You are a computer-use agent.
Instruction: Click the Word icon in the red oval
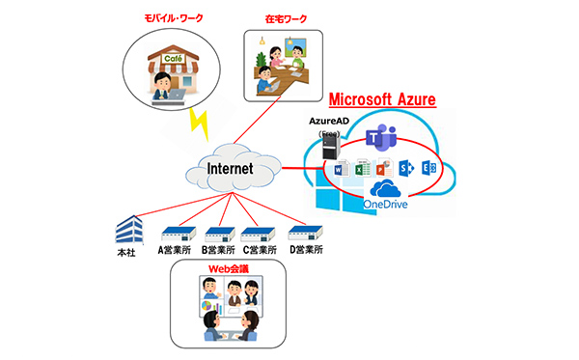(339, 170)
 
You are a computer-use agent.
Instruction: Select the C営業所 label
(263, 249)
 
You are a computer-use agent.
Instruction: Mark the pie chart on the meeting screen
(206, 307)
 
